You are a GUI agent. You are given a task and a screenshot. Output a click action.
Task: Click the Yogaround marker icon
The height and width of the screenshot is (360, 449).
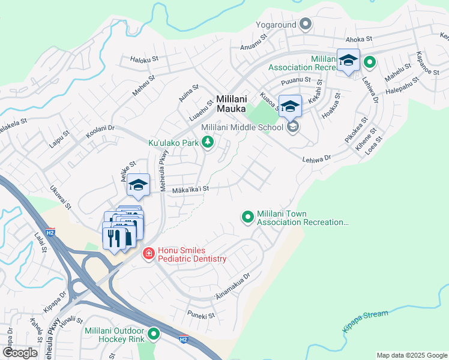(x=306, y=24)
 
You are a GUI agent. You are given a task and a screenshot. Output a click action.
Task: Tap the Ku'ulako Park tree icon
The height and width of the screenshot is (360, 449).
(x=208, y=142)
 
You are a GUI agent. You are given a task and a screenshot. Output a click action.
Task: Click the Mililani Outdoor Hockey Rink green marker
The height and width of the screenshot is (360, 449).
(x=154, y=333)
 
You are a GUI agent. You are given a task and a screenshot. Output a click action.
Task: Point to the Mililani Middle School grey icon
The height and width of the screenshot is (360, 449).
(x=293, y=127)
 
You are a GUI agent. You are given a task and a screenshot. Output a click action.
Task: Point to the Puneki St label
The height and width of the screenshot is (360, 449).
(x=200, y=316)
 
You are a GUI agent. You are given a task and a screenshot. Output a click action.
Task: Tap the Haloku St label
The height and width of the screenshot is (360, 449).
(x=143, y=59)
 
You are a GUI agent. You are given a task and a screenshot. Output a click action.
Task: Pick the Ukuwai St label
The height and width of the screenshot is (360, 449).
(x=61, y=196)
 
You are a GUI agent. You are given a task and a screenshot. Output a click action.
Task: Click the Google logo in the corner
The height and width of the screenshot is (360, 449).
(x=20, y=352)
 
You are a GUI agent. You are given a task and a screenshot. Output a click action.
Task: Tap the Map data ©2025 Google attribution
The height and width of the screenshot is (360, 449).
(x=411, y=355)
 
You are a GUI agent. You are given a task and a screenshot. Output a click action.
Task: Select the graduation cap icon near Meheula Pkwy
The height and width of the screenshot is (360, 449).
(x=138, y=185)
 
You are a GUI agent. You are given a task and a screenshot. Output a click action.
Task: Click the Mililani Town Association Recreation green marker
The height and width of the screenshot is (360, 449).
(x=247, y=217)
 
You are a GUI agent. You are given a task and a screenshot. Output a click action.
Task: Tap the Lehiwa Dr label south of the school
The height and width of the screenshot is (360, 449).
(x=316, y=158)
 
